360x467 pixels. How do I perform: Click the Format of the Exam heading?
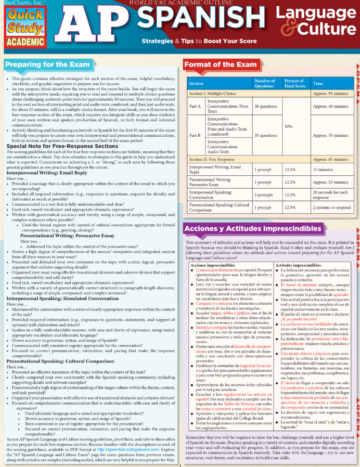click(221, 65)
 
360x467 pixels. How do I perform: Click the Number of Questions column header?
click(264, 83)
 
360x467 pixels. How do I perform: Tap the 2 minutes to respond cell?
click(331, 207)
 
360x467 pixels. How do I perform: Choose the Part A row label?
click(195, 106)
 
